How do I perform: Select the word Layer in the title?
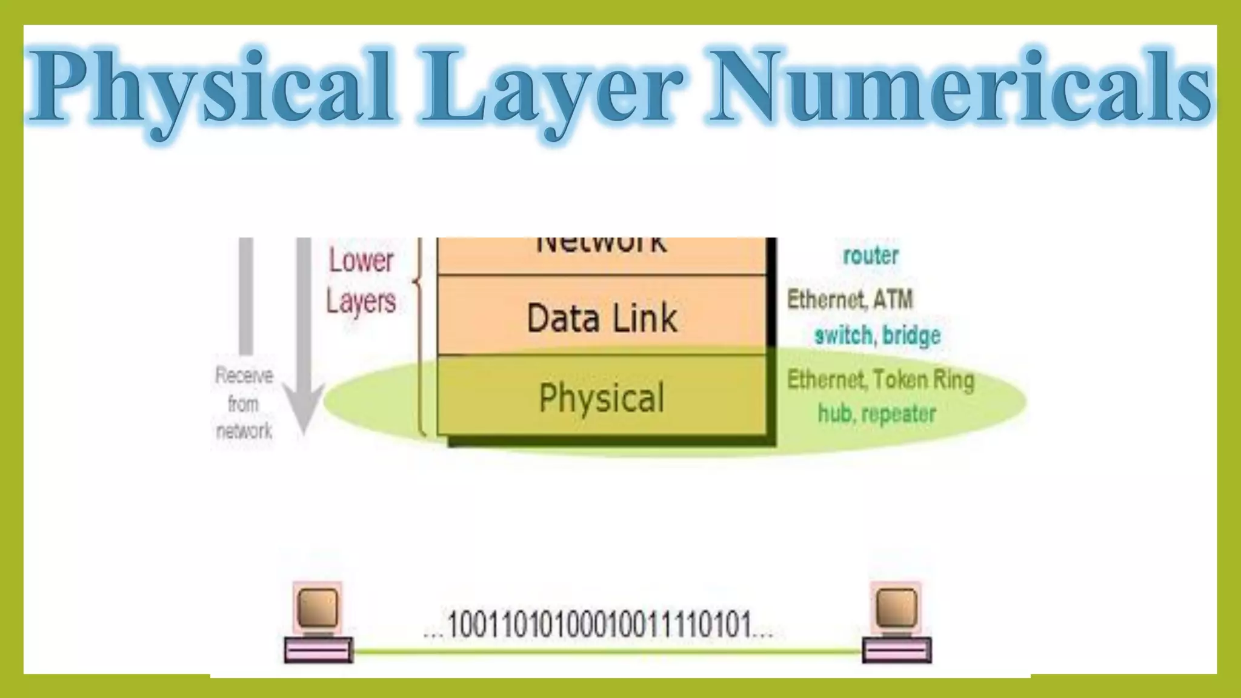tap(548, 88)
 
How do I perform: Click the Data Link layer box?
tap(602, 316)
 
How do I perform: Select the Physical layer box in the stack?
tap(602, 397)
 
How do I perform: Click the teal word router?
tap(871, 256)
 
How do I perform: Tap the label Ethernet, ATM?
tap(850, 299)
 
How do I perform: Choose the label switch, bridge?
tap(877, 335)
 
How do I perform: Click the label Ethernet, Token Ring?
tap(880, 380)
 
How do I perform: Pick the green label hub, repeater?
tap(877, 414)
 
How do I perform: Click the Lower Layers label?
tap(361, 281)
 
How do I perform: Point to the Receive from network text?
tap(244, 404)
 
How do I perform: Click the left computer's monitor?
tap(318, 607)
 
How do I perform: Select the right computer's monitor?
tap(896, 607)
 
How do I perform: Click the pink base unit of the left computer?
tap(318, 650)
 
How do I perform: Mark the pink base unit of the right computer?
tap(897, 650)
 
